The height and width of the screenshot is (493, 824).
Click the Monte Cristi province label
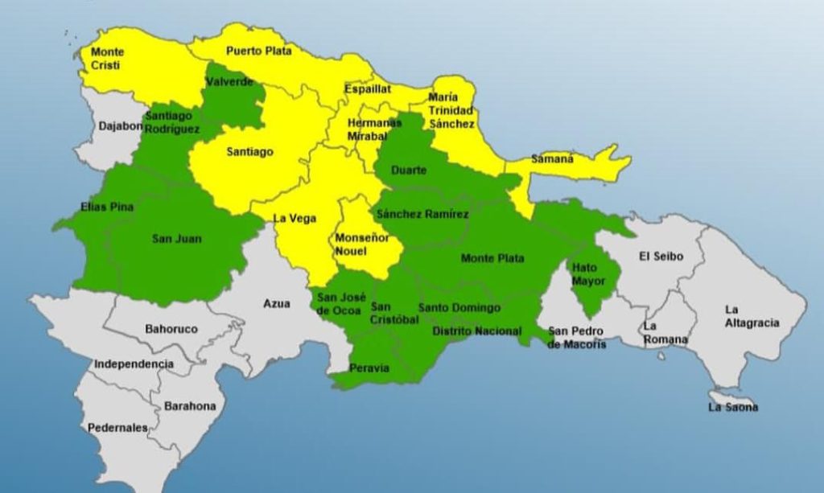[x=108, y=59]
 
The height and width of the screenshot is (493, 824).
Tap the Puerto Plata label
[x=258, y=50]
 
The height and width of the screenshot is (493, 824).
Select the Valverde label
[x=229, y=82]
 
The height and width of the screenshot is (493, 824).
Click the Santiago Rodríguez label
[x=169, y=122]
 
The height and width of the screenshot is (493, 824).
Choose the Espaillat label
[x=367, y=89]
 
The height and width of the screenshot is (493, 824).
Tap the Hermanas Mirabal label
[x=374, y=129]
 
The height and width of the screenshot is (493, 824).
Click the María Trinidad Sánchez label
[x=451, y=110]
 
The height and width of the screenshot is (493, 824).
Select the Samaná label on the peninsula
[x=552, y=159]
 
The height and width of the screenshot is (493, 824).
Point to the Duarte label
[x=408, y=170]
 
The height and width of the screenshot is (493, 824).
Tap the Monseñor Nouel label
[x=361, y=244]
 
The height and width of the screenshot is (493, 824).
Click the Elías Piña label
[x=107, y=207]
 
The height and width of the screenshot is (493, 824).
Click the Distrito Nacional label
[x=476, y=331]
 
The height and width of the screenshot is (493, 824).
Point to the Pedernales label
[x=117, y=428]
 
